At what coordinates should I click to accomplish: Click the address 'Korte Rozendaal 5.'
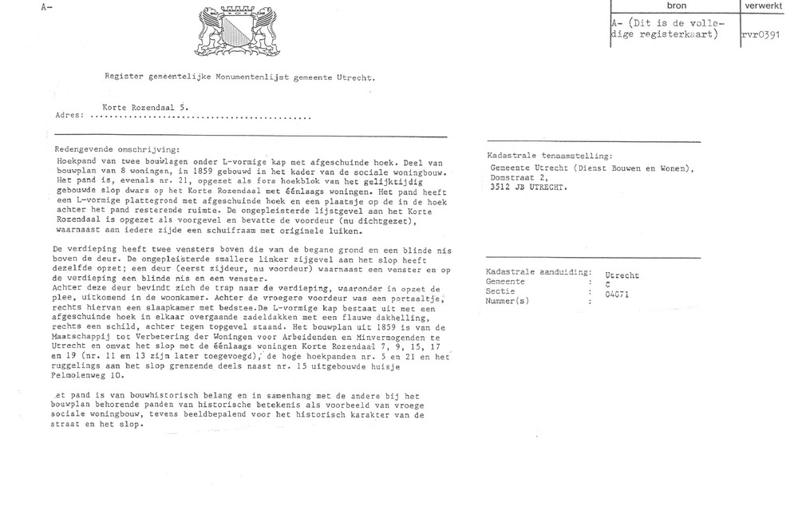pyautogui.click(x=145, y=105)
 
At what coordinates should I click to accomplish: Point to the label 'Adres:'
pyautogui.click(x=69, y=116)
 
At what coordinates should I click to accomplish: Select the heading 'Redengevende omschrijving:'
pyautogui.click(x=117, y=149)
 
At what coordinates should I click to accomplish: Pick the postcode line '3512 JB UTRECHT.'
pyautogui.click(x=531, y=188)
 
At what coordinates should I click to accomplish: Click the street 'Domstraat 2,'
pyautogui.click(x=520, y=178)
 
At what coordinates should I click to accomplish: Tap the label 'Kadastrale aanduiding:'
pyautogui.click(x=538, y=273)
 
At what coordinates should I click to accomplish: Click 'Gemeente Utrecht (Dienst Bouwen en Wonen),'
pyautogui.click(x=592, y=168)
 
